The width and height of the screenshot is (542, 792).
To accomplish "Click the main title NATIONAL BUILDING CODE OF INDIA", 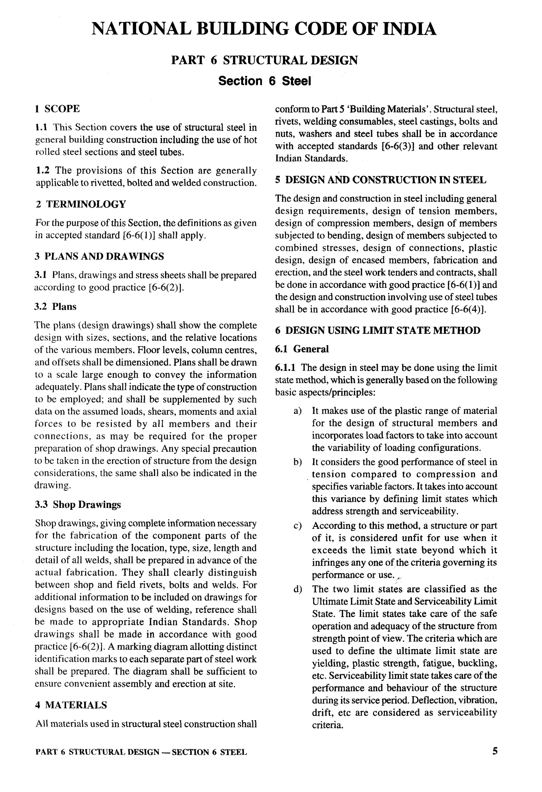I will (264, 29).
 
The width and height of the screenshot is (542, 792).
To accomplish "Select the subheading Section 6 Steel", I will (265, 81).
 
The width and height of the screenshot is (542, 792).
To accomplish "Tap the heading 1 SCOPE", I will (57, 109).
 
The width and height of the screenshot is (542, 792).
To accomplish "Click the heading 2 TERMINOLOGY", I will (81, 205).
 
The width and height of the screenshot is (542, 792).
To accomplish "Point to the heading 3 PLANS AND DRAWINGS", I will (99, 256).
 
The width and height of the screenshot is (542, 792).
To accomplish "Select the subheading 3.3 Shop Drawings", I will (78, 504).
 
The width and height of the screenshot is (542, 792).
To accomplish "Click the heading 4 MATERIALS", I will (71, 705).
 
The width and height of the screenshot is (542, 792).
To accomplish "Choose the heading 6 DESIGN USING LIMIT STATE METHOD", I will (378, 330).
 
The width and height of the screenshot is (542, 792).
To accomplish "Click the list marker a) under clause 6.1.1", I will (297, 411).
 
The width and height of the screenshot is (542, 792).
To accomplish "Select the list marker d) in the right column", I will (297, 590).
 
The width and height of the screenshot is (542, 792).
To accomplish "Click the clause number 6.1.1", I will (285, 368).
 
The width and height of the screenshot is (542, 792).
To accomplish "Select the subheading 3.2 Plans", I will (56, 306).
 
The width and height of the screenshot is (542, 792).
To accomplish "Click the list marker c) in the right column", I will (297, 526).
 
